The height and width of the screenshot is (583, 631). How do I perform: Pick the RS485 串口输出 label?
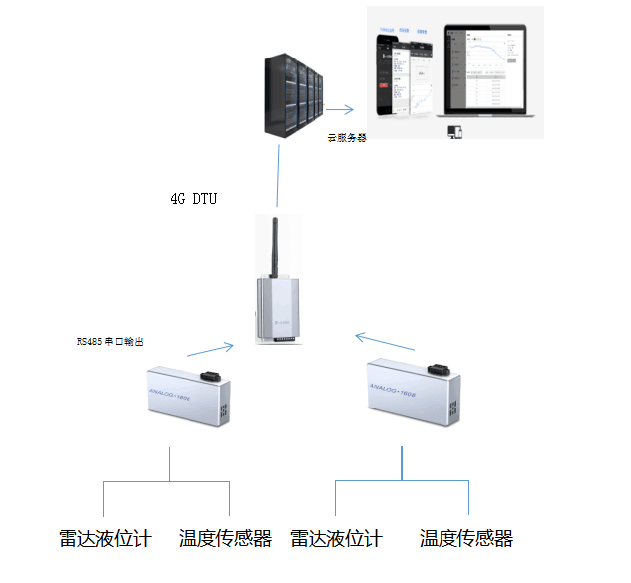[116, 341]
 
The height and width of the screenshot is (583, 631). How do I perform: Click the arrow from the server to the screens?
[341, 109]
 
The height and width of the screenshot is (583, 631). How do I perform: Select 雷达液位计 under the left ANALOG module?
[104, 539]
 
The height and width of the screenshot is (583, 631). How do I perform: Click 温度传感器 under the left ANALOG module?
[225, 539]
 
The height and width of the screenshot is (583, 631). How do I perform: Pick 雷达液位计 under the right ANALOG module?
[336, 539]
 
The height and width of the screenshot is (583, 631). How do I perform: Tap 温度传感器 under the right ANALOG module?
[466, 539]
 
